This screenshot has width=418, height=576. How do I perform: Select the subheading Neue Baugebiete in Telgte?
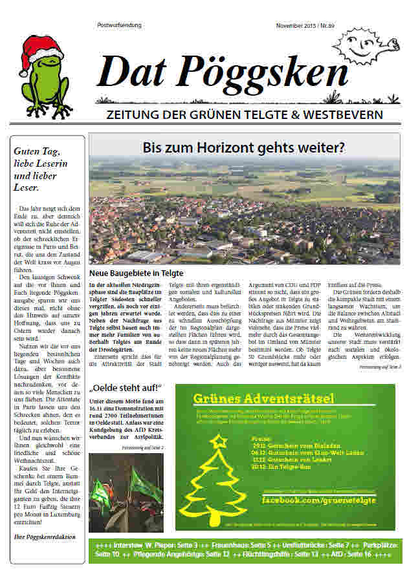(x=137, y=274)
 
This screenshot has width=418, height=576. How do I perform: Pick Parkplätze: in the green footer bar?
(x=372, y=545)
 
